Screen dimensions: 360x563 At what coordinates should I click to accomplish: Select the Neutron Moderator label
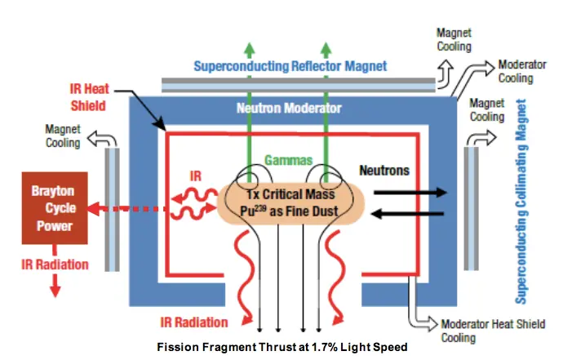coord(288,107)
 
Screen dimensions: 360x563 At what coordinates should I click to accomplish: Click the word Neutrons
coord(384,171)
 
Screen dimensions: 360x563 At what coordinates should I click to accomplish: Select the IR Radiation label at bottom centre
coord(197,322)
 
